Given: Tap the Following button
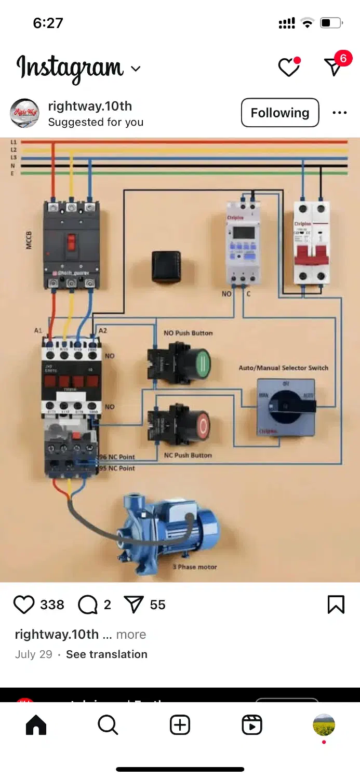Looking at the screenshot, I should click(279, 113).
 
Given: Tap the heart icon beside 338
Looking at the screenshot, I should click(24, 605).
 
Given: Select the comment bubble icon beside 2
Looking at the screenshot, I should click(87, 605).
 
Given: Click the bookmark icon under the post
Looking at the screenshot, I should click(336, 605).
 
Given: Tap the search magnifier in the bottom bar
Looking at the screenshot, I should click(108, 725).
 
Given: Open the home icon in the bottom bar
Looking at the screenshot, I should click(36, 725).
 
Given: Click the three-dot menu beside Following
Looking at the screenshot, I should click(339, 113).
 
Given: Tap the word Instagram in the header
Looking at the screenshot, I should click(70, 68).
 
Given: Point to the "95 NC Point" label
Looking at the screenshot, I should click(117, 468).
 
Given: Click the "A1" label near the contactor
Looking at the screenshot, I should click(38, 330).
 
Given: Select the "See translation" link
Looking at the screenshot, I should click(106, 654).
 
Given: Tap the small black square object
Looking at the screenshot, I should click(166, 267).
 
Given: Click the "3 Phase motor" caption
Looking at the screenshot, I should click(195, 567).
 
